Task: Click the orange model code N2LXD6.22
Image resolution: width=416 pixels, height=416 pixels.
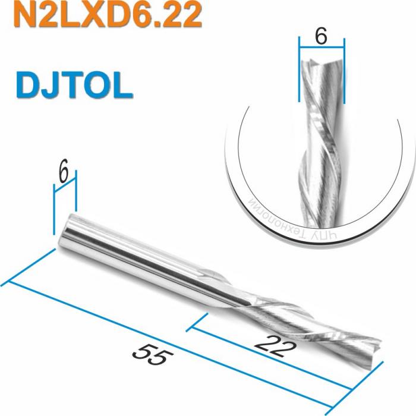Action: click(x=107, y=16)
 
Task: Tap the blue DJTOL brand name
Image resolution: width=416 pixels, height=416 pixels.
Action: click(x=74, y=86)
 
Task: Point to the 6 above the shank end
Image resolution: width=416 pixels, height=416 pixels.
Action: click(x=64, y=174)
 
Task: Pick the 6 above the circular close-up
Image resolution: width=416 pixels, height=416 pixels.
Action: click(x=321, y=37)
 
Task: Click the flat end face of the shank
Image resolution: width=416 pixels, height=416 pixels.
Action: click(x=67, y=229)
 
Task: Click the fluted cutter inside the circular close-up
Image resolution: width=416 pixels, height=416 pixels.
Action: click(x=321, y=137)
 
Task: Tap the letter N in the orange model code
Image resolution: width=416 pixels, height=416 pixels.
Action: click(x=24, y=16)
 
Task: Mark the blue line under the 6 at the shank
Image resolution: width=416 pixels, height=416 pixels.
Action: click(x=65, y=188)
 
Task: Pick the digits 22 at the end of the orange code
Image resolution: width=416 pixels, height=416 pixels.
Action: click(x=179, y=16)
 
